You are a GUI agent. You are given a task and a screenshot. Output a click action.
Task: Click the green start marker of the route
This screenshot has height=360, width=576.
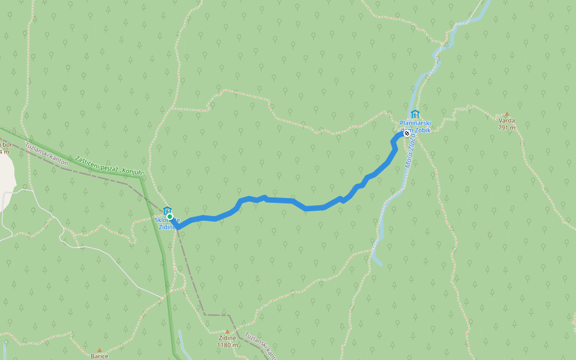[170, 217]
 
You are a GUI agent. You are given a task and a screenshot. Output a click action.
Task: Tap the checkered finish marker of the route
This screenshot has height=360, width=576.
[406, 133]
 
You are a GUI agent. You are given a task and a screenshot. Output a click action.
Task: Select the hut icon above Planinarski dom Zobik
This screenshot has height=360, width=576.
[415, 115]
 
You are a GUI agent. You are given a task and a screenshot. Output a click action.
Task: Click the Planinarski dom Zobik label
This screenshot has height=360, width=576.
[415, 126]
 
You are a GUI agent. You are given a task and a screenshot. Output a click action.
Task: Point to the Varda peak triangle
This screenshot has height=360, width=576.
[506, 114]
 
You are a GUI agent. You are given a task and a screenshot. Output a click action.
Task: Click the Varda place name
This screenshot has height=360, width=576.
[506, 120]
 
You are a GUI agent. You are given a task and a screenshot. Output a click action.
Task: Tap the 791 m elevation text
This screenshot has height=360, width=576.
[506, 127]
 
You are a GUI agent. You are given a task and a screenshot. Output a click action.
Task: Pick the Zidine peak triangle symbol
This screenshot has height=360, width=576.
[227, 331]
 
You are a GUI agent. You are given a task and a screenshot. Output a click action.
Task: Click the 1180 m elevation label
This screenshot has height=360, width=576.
[227, 345]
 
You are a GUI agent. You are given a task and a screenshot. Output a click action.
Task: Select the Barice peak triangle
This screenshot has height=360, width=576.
[100, 350]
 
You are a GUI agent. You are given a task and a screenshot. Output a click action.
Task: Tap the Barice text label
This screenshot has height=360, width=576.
[100, 356]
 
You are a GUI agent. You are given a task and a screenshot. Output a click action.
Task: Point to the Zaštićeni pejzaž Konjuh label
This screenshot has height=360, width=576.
[110, 167]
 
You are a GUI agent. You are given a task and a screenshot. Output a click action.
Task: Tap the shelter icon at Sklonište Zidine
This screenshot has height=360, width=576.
[167, 210]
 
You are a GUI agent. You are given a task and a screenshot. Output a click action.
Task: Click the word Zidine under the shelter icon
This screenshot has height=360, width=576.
[167, 227]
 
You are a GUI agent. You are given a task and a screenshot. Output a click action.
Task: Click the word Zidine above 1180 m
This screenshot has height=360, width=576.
[227, 338]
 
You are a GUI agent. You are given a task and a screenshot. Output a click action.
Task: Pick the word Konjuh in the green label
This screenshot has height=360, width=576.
[133, 172]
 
